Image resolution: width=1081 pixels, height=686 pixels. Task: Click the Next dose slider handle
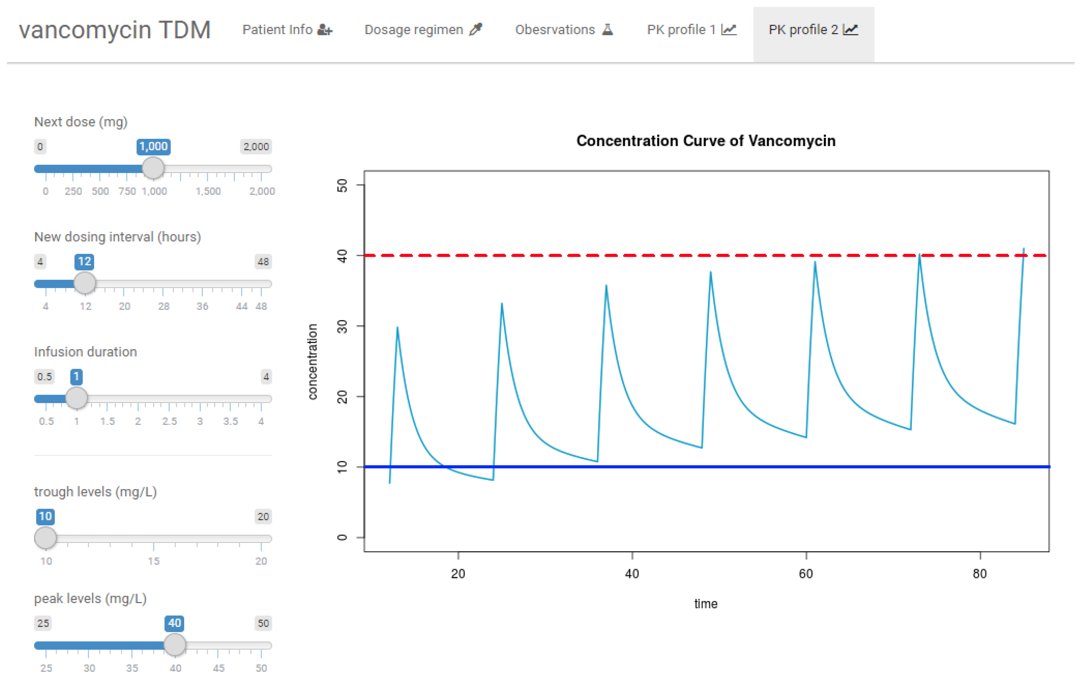point(153,168)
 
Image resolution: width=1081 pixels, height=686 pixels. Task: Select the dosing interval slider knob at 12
point(84,283)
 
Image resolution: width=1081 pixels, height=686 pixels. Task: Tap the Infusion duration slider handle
point(76,398)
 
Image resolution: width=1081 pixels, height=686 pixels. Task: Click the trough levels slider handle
point(45,538)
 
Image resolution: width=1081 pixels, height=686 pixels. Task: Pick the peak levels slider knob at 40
point(175,645)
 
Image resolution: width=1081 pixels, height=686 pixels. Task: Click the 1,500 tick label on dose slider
point(208,191)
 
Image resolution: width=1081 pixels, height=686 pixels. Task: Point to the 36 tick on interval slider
point(202,306)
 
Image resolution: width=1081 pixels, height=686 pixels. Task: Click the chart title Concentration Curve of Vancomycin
point(706,141)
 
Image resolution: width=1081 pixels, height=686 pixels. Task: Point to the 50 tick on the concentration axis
point(342,185)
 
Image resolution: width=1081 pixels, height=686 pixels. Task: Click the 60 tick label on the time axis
point(806,574)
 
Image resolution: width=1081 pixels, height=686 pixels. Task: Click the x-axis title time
point(706,604)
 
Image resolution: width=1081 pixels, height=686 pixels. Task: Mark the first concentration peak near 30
point(397,328)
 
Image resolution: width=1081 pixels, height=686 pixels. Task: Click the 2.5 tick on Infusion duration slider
point(169,421)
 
